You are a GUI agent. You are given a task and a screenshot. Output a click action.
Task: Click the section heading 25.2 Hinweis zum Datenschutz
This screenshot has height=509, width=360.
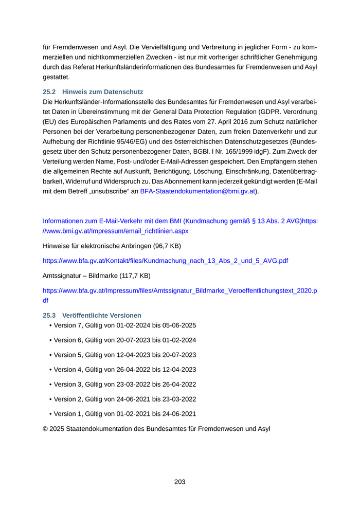[x=93, y=92]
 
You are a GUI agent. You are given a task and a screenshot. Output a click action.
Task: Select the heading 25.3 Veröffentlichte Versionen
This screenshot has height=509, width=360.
[x=92, y=315]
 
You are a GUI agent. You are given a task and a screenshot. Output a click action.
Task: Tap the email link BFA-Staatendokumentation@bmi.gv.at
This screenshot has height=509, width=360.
[x=198, y=191]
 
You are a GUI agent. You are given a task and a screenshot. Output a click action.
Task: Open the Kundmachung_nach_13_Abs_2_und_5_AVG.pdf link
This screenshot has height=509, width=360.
[x=165, y=261]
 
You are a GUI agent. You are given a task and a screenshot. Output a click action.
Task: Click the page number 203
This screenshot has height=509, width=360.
[x=179, y=482]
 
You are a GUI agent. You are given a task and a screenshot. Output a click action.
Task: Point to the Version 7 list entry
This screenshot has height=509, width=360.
[x=124, y=325]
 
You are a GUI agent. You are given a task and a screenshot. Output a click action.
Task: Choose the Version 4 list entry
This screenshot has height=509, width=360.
[x=124, y=369]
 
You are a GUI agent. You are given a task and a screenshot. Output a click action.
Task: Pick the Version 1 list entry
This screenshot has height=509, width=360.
[x=124, y=413]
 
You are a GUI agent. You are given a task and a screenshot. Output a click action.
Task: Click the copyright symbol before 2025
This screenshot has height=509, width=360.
[x=45, y=428]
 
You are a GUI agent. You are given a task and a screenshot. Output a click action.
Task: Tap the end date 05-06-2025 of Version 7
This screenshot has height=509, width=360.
[x=178, y=325]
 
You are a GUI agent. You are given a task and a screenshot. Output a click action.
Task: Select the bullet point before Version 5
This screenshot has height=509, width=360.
[x=50, y=355]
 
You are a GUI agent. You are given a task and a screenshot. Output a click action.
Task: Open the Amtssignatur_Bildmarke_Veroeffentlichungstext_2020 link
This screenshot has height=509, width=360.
[x=179, y=290]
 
